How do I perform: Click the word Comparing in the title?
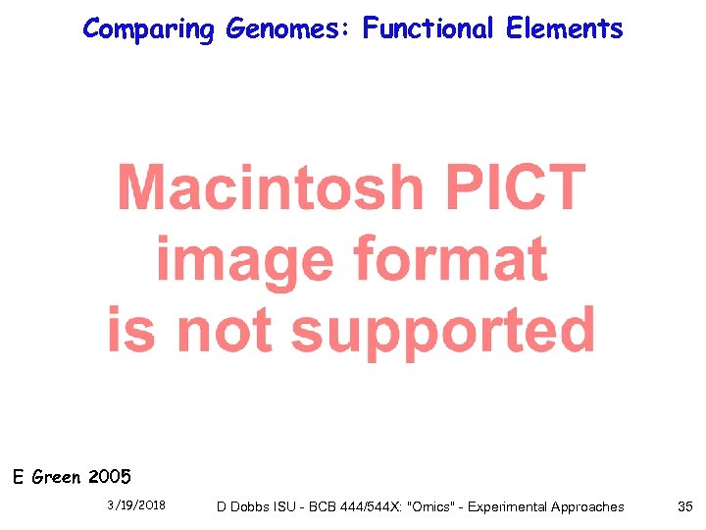coord(148,29)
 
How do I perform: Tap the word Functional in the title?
coord(429,28)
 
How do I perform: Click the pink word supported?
coord(443,331)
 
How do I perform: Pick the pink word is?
coord(131,330)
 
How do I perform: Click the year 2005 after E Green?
coord(109,478)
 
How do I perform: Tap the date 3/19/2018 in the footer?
coord(136,505)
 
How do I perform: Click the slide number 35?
coord(684,506)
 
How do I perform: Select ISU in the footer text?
coord(293,506)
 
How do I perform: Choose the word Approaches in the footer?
coord(586,506)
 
